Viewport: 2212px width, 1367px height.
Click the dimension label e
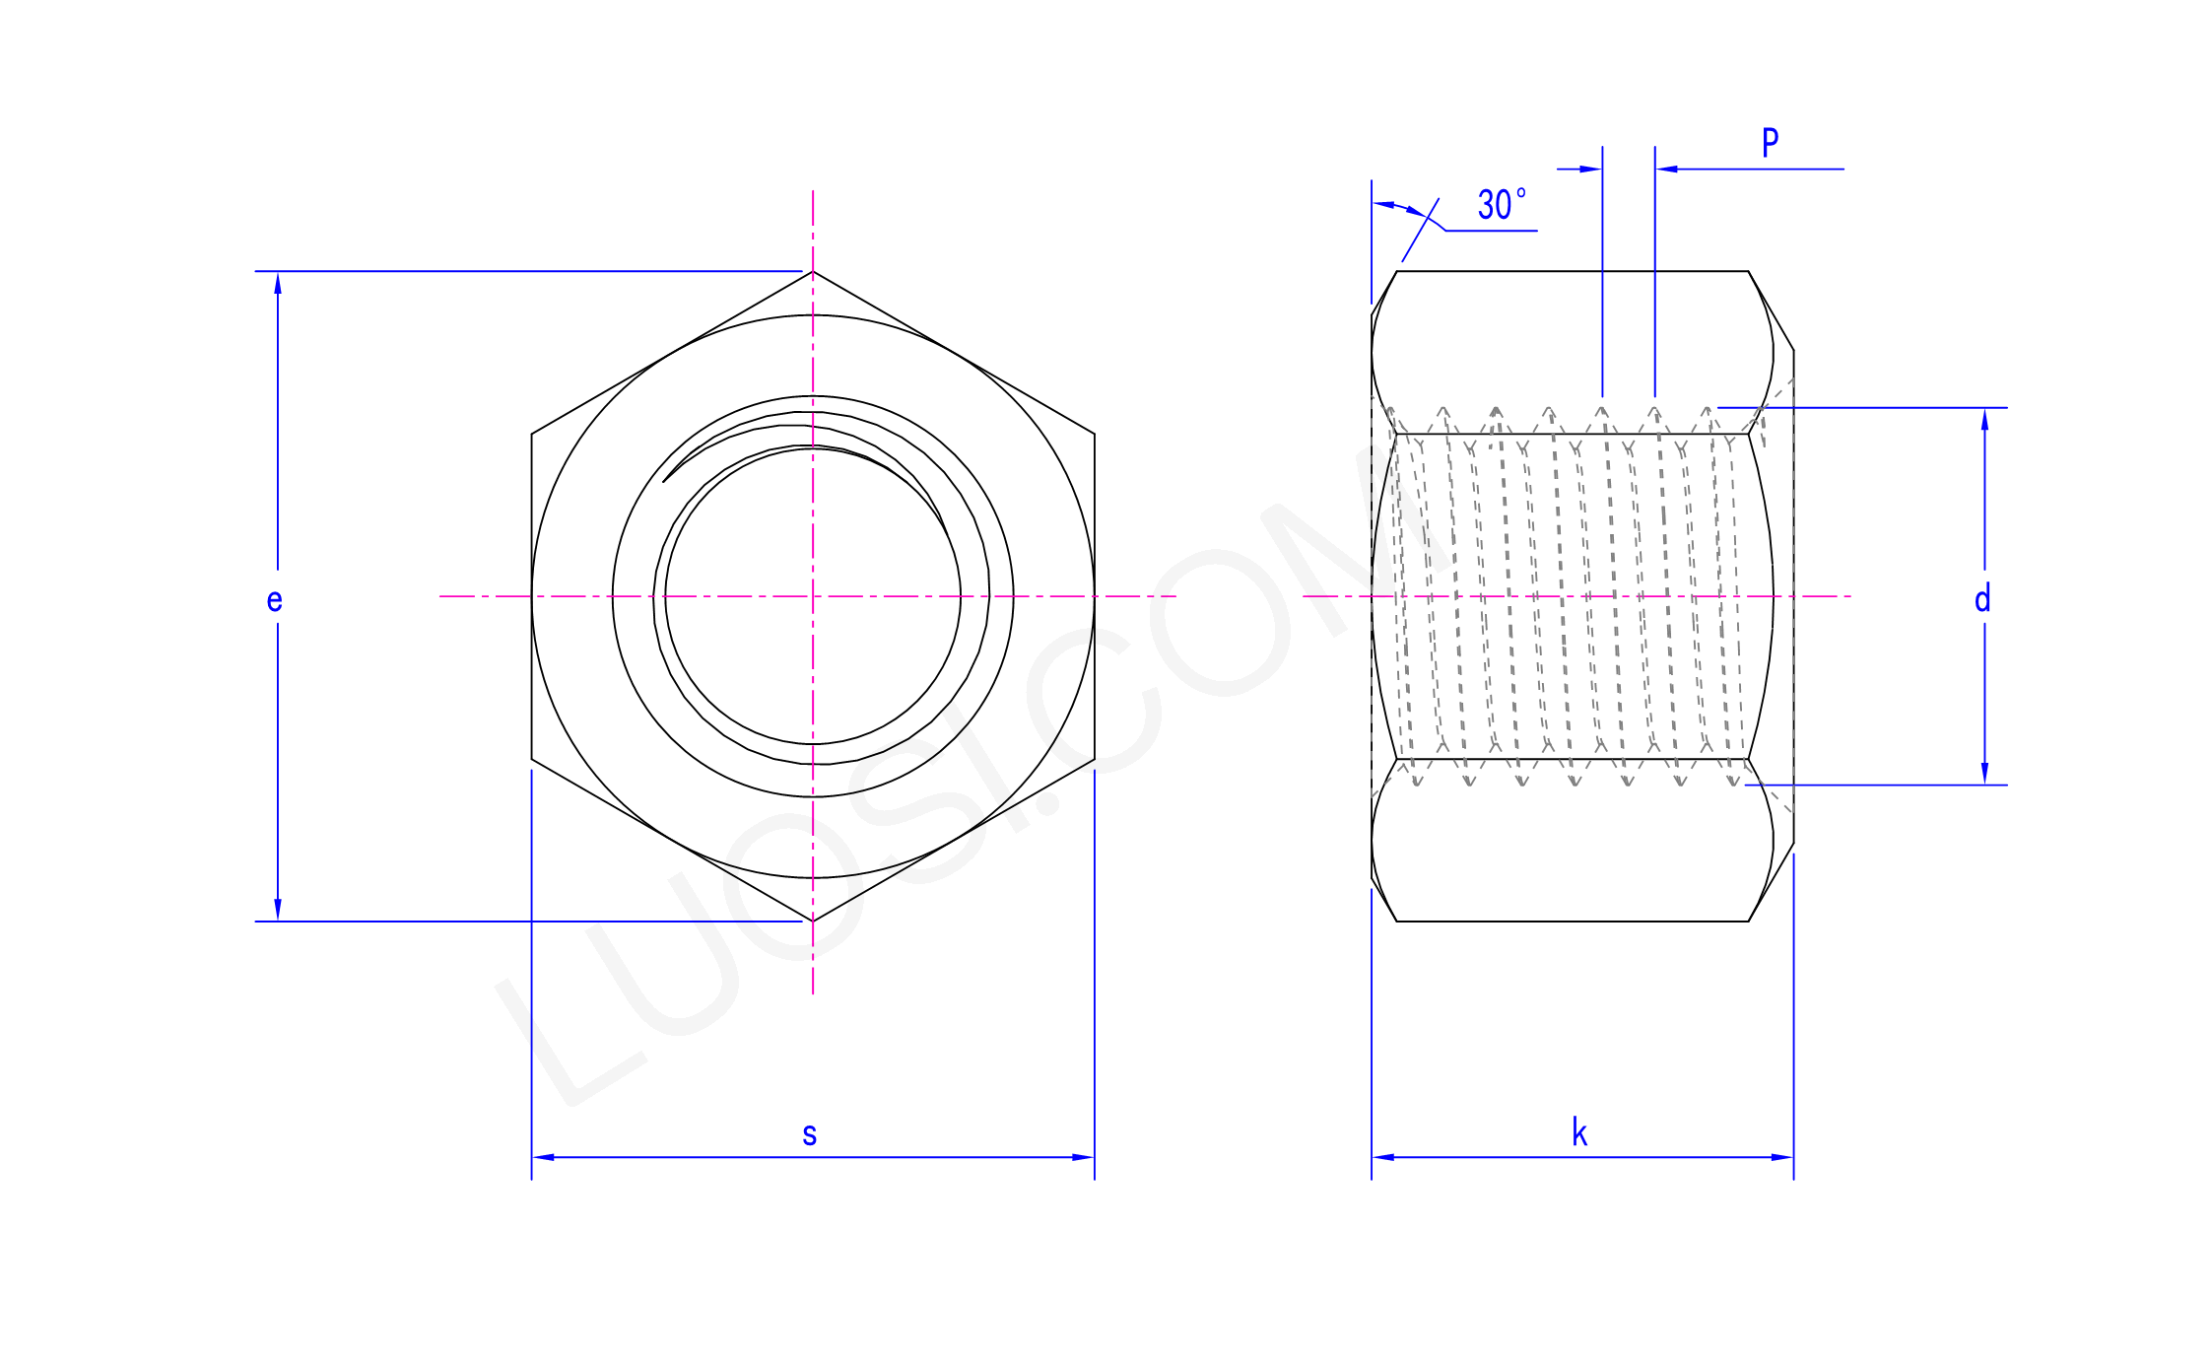pyautogui.click(x=274, y=599)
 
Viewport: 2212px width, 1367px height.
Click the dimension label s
pyautogui.click(x=809, y=1134)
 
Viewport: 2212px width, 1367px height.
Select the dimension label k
pyautogui.click(x=1578, y=1132)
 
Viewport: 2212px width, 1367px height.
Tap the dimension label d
pyautogui.click(x=1982, y=598)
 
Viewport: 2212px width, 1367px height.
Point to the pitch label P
pyautogui.click(x=1770, y=143)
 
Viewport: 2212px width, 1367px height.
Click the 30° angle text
pyautogui.click(x=1501, y=204)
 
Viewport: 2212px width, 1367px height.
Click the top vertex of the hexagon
pyautogui.click(x=813, y=271)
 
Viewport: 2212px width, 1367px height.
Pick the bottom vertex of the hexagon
pyautogui.click(x=813, y=922)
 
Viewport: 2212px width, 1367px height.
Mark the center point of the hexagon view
pyautogui.click(x=813, y=596)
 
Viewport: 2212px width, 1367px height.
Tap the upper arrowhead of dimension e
pyautogui.click(x=278, y=283)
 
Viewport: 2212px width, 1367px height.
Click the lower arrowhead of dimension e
pyautogui.click(x=278, y=910)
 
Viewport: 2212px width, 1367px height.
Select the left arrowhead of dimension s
pyautogui.click(x=543, y=1157)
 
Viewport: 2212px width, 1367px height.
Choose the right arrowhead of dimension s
pyautogui.click(x=1083, y=1157)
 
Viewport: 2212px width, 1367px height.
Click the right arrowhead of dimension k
pyautogui.click(x=1782, y=1157)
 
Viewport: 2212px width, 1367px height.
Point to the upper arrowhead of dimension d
pyautogui.click(x=1984, y=419)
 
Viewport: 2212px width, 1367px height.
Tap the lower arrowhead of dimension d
pyautogui.click(x=1984, y=774)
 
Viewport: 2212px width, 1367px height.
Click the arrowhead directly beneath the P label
pyautogui.click(x=1667, y=170)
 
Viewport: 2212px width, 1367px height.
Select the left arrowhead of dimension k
pyautogui.click(x=1383, y=1157)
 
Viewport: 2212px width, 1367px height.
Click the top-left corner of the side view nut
pyautogui.click(x=1397, y=271)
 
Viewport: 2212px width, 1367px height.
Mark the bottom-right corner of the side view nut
pyautogui.click(x=1749, y=922)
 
